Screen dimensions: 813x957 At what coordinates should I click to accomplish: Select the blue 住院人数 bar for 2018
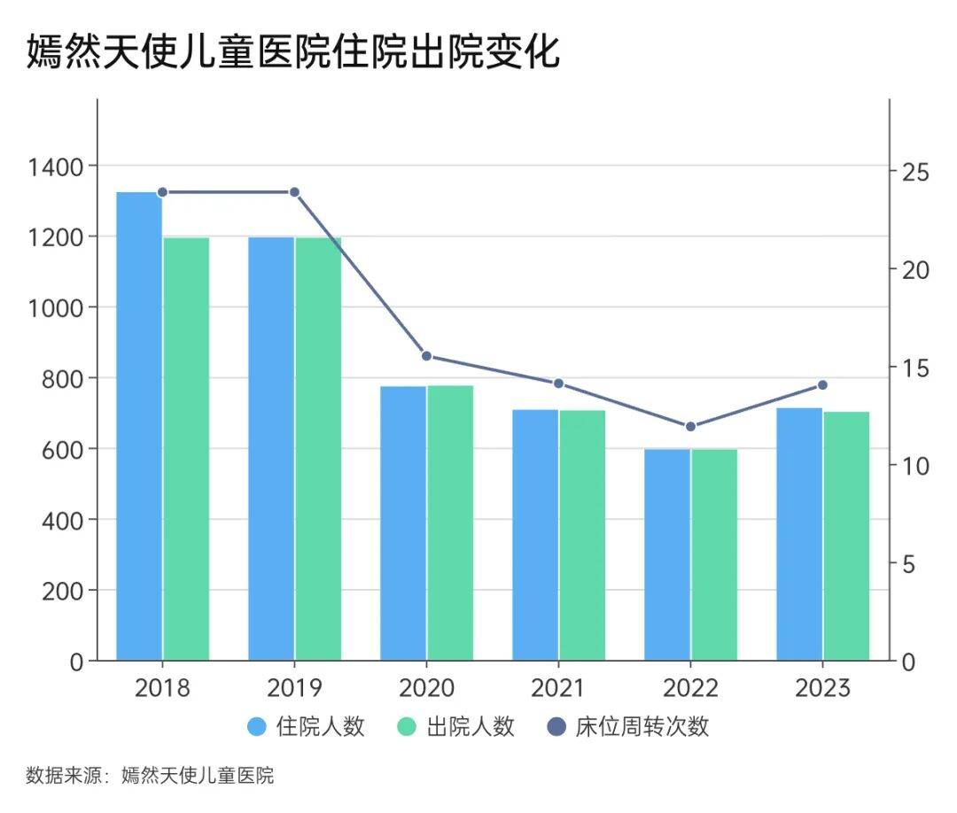(139, 425)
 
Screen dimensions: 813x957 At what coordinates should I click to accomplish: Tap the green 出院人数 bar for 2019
(318, 448)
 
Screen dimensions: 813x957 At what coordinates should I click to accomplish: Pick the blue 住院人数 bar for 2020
(403, 523)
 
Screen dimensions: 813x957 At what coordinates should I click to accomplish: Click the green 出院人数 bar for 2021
(582, 535)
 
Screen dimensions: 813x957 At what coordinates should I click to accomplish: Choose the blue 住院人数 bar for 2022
(667, 554)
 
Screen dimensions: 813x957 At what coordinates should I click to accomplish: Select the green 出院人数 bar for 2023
(846, 536)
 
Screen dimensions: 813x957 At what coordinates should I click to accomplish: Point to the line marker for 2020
(426, 356)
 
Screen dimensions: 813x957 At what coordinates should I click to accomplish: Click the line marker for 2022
(690, 427)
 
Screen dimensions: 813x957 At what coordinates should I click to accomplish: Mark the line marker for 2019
(294, 192)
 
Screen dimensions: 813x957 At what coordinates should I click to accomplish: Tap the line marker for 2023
(822, 385)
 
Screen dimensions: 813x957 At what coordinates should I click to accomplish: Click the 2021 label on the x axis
(558, 688)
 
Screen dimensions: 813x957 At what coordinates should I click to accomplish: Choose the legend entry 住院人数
(307, 727)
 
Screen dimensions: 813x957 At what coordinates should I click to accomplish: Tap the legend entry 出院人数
(456, 727)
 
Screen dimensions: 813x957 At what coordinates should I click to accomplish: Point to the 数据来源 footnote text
(150, 777)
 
